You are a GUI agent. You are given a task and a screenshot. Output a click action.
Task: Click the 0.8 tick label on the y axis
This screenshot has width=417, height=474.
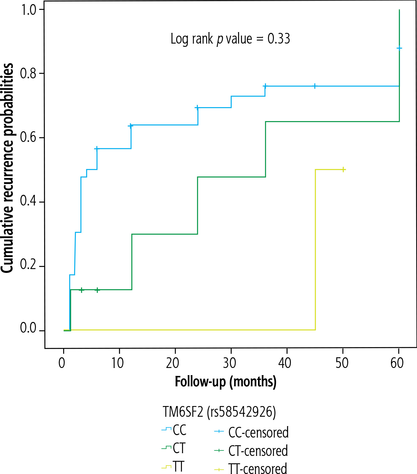[x=28, y=73]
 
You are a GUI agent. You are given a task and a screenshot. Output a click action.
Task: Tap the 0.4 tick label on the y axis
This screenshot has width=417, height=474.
[x=28, y=201]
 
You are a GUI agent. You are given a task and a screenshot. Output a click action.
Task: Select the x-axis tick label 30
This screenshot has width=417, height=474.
[x=229, y=363]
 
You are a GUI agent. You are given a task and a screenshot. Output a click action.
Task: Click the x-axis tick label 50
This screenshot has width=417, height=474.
[x=342, y=363]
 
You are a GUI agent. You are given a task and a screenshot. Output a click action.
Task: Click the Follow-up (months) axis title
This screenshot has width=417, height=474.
[x=225, y=382]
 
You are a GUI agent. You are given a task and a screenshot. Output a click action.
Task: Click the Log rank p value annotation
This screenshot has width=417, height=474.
[x=230, y=39]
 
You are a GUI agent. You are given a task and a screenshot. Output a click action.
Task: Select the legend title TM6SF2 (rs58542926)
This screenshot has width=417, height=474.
[x=219, y=412]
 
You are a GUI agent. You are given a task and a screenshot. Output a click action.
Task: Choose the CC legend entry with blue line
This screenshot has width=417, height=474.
[x=174, y=430]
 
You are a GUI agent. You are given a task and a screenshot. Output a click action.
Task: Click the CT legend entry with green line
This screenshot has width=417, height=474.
[x=174, y=449]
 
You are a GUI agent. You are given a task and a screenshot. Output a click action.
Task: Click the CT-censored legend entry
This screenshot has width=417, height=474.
[x=251, y=451]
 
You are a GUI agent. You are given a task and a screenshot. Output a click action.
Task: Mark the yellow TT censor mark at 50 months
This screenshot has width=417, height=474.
[x=343, y=170]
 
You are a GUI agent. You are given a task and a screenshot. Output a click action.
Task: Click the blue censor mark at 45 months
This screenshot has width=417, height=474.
[x=315, y=86]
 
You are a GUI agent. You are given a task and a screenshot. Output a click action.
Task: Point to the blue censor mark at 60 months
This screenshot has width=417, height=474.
[x=399, y=48]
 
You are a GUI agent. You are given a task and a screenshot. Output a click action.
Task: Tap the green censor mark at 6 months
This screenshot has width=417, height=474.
[x=97, y=290]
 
